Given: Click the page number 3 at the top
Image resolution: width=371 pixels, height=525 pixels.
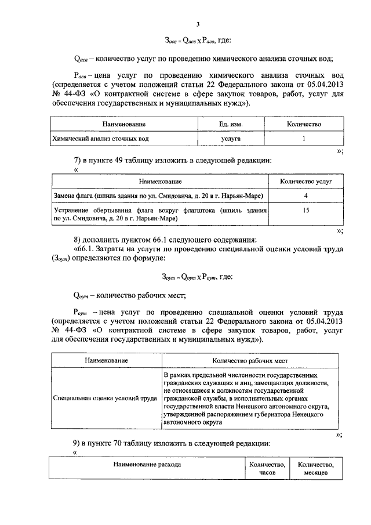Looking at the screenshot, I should (x=198, y=24).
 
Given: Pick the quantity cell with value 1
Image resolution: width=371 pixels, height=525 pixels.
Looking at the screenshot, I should (x=304, y=139).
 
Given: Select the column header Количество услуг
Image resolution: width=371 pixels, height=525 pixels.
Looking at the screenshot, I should (x=306, y=182).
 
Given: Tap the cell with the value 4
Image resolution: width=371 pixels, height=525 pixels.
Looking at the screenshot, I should (x=305, y=197).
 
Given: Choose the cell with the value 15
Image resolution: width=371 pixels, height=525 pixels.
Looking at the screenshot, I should (x=305, y=211).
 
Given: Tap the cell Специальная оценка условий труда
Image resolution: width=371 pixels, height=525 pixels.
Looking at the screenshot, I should (x=105, y=399).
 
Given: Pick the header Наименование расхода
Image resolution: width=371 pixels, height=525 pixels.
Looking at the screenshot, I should (x=147, y=465).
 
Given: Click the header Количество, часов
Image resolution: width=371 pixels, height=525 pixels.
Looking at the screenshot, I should (x=267, y=469).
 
